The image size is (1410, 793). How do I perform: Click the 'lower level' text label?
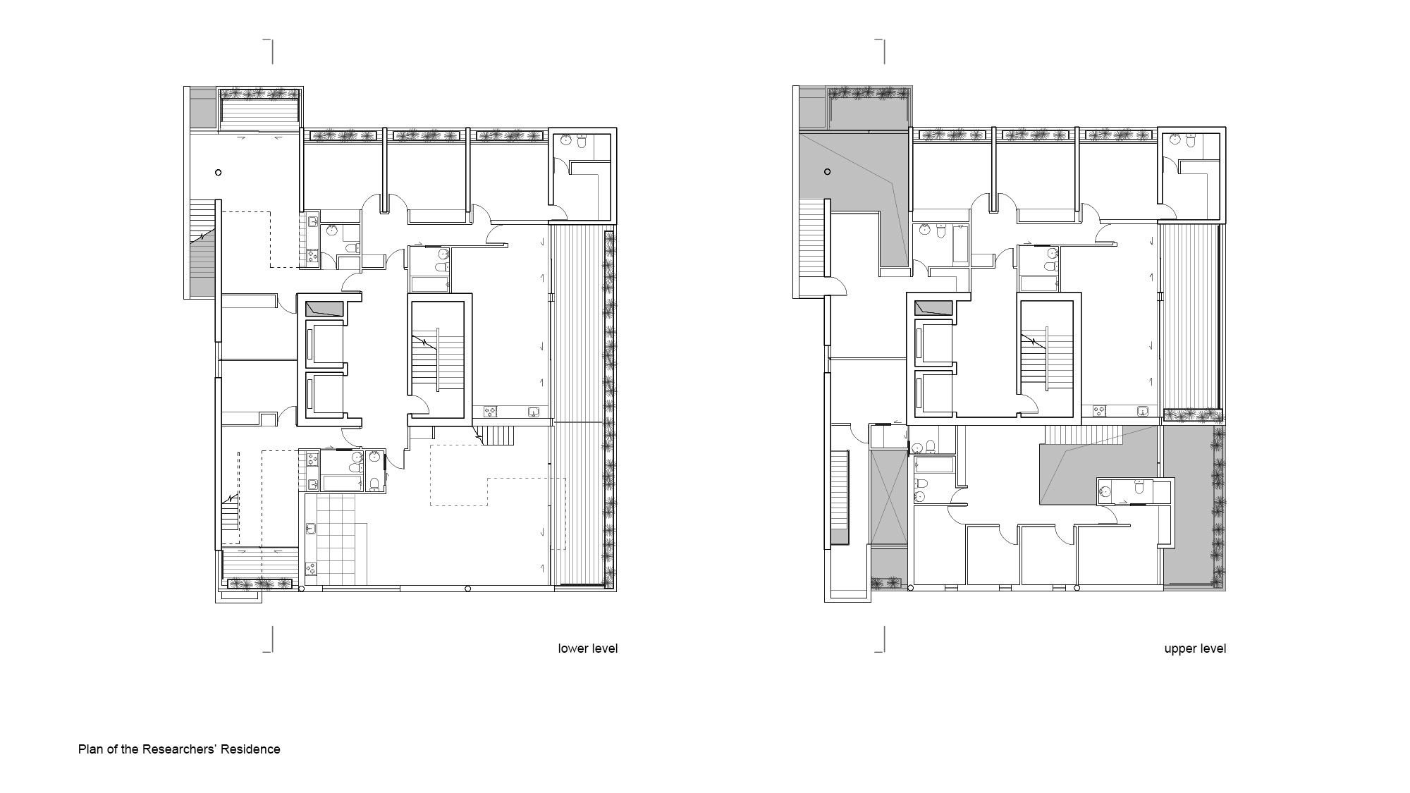pos(588,648)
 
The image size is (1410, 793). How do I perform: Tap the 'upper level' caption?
pos(1195,648)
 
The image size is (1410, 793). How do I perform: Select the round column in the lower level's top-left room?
pos(219,172)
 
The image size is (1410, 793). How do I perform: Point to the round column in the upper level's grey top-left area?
pos(828,171)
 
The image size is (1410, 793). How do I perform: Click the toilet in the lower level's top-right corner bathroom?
pos(582,142)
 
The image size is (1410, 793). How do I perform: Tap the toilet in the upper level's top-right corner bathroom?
pos(1191,142)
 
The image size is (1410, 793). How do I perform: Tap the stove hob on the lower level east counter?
pos(489,411)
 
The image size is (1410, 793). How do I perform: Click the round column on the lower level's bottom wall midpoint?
pos(467,589)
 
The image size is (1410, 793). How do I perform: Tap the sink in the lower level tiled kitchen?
pos(312,528)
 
